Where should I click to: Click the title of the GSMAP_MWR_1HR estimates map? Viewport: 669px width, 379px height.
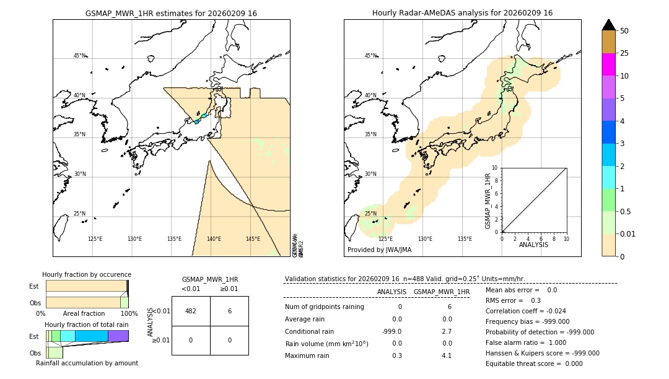(171, 13)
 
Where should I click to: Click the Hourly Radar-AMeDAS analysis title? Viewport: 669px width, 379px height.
(462, 13)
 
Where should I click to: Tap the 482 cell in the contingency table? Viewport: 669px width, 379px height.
(191, 311)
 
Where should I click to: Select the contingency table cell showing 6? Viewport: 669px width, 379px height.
(229, 311)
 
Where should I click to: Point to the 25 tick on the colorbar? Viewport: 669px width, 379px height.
(624, 53)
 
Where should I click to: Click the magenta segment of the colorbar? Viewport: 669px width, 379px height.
(609, 64)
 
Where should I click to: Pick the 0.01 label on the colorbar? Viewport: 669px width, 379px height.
(628, 233)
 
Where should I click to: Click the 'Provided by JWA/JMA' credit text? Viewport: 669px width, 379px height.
(379, 250)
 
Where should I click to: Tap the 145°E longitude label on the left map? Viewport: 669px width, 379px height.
(253, 239)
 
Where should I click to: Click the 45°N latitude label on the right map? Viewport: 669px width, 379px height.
(370, 56)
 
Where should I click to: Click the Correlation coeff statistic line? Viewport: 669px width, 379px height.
(525, 311)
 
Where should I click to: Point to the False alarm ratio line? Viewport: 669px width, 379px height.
(525, 342)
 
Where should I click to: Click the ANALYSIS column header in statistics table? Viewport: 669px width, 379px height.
(391, 292)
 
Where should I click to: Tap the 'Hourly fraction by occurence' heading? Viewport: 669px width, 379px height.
(87, 274)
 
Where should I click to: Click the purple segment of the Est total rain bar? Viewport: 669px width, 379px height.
(118, 336)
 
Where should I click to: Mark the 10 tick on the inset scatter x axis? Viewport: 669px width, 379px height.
(566, 239)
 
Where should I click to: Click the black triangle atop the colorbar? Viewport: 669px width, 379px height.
(609, 25)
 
